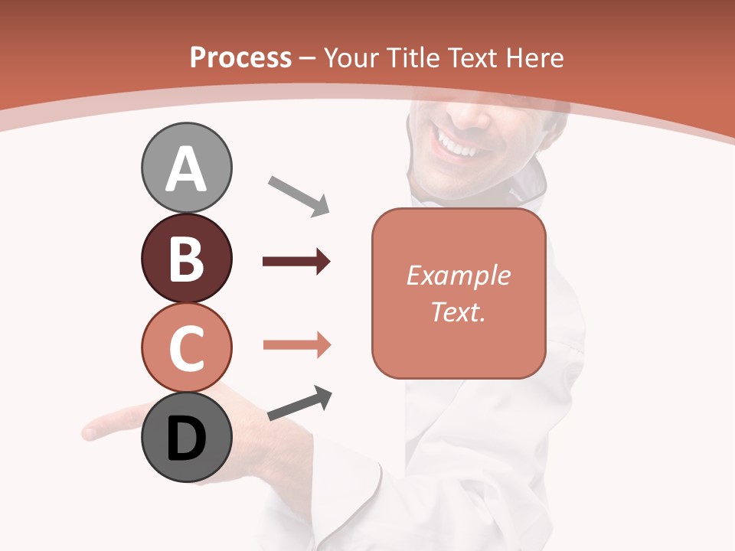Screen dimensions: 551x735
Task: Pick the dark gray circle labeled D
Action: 186,439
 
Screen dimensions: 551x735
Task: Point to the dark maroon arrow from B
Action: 296,262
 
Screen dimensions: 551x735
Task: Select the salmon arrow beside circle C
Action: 297,345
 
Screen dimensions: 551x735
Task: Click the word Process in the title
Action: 240,57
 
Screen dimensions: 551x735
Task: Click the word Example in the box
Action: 458,275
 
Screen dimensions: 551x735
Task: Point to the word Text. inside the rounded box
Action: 458,311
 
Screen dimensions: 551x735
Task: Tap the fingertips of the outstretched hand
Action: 92,431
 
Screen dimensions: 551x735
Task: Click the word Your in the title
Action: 353,57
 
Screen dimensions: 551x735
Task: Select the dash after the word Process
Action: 308,58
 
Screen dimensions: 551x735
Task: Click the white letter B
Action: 186,259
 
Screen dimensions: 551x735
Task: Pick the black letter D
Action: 186,439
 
